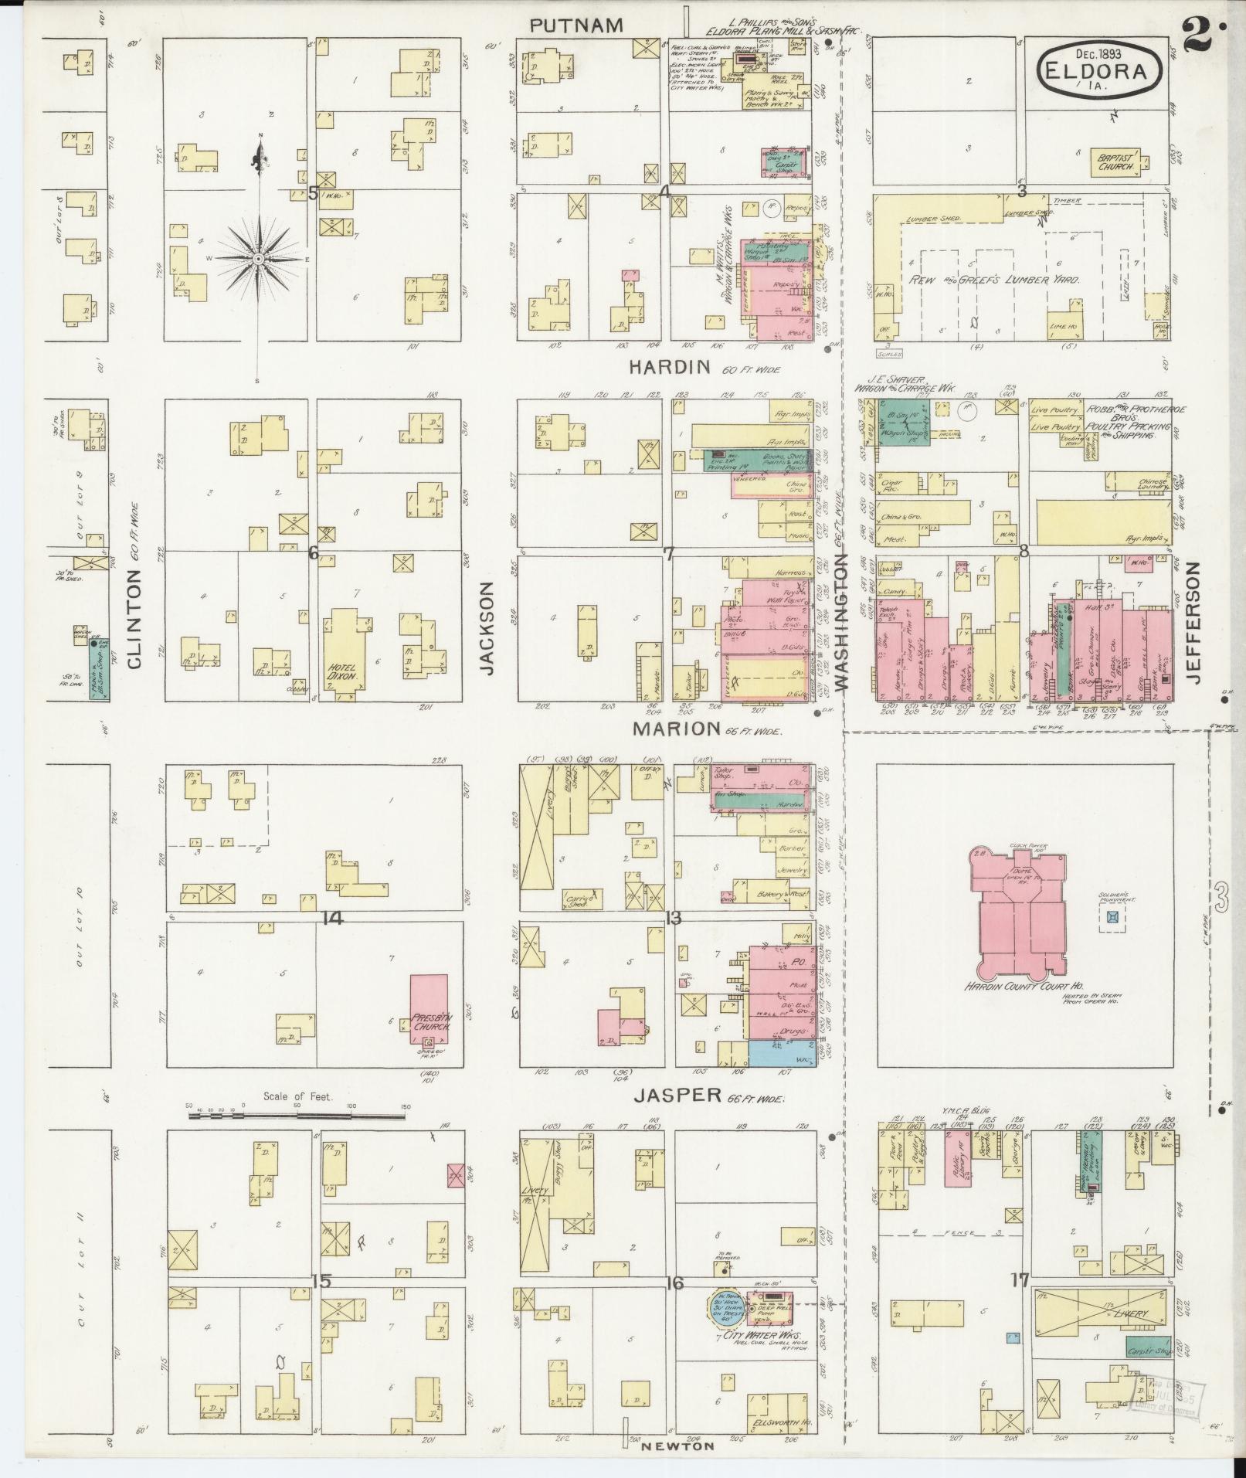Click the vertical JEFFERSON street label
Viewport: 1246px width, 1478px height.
(1195, 622)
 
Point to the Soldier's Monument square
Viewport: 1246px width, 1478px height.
(1112, 917)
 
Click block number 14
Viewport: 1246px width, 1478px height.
(333, 918)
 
